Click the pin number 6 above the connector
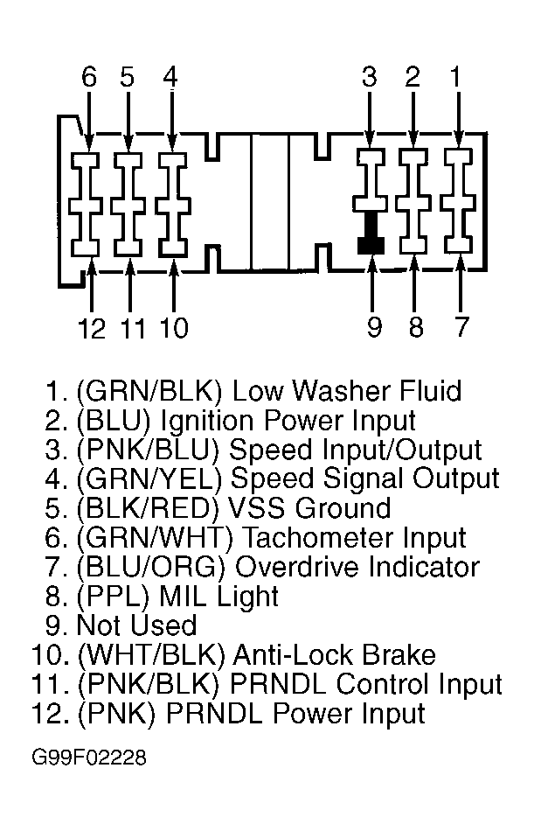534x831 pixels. (89, 77)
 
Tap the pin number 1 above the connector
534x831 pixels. (455, 77)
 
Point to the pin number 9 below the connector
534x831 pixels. (374, 327)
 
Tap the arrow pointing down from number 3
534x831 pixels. (370, 118)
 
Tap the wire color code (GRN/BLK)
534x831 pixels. (149, 391)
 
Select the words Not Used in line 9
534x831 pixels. (136, 625)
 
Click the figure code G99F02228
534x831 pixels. (89, 758)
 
